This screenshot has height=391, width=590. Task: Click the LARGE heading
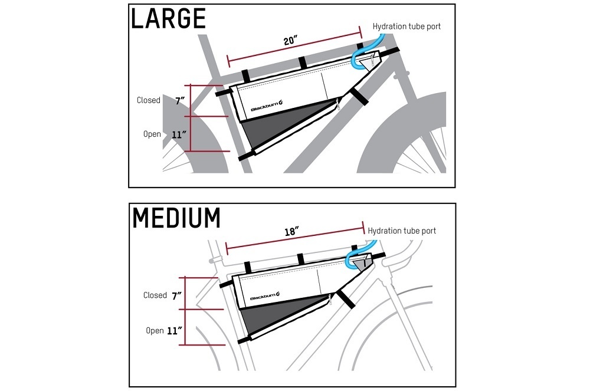click(x=168, y=19)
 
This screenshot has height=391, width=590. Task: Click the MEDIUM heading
click(x=176, y=218)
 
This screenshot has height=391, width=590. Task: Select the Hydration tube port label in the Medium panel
click(x=402, y=231)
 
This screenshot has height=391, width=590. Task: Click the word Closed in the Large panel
click(x=149, y=100)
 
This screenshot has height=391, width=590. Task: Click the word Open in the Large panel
click(x=152, y=134)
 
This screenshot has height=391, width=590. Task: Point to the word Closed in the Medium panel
click(x=155, y=295)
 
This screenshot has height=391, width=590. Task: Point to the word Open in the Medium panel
click(x=155, y=330)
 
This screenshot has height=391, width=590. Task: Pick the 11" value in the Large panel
click(x=179, y=134)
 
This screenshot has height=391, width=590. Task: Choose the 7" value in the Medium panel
click(x=176, y=295)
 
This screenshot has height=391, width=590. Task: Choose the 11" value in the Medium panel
click(x=173, y=330)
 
